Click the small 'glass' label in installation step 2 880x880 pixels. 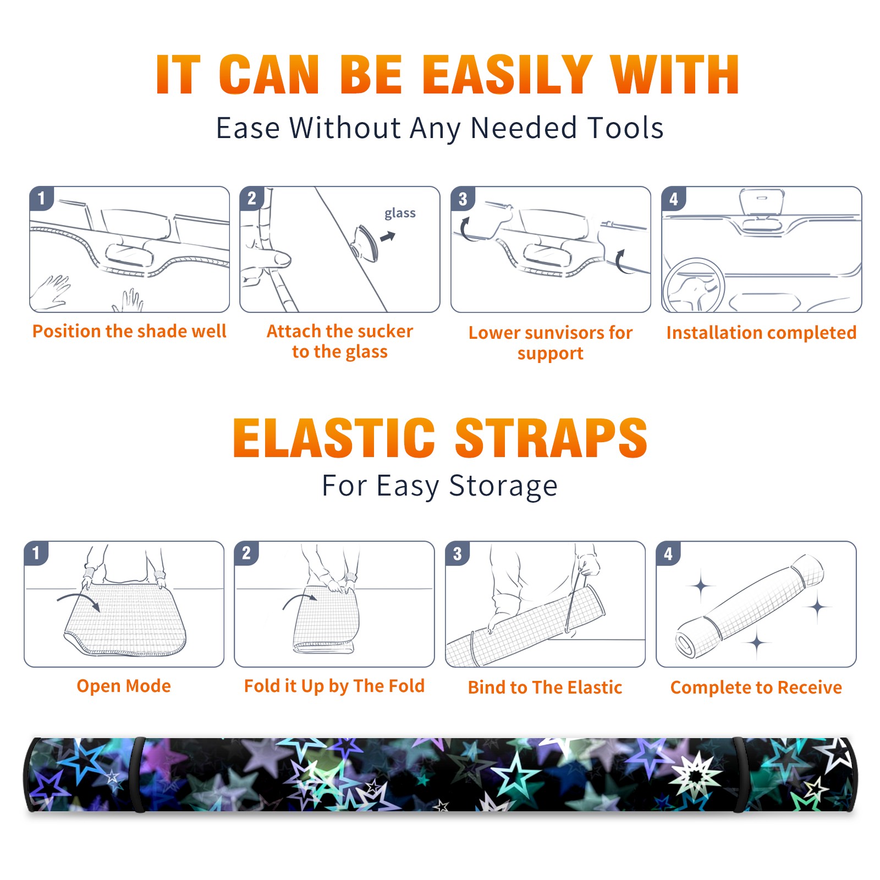pos(400,213)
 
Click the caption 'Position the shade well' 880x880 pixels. pos(129,331)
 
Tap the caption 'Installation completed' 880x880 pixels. pos(761,332)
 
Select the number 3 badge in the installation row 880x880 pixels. pos(462,199)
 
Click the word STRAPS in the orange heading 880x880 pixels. pos(551,438)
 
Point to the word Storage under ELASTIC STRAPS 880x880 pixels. pos(503,486)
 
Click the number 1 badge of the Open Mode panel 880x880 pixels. pos(36,553)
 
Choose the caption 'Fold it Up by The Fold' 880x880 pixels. pos(334,686)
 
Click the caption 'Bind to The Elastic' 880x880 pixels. pos(545,687)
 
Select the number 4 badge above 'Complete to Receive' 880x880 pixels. pos(668,553)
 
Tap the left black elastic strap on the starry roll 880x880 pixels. pos(138,775)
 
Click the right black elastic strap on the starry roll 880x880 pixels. pos(739,775)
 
